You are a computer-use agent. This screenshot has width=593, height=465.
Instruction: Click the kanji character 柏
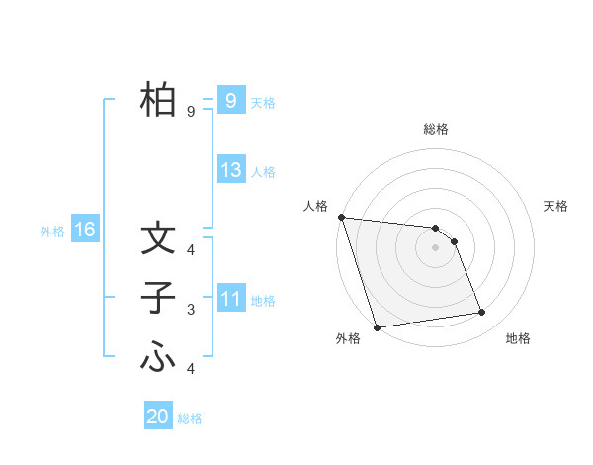(x=158, y=99)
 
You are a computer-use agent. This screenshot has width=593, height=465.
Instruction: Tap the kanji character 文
(x=158, y=238)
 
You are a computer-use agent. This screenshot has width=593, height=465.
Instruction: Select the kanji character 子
(x=158, y=298)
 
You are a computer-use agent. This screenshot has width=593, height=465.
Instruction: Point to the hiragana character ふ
(x=158, y=357)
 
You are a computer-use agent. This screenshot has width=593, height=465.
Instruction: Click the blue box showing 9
(x=230, y=100)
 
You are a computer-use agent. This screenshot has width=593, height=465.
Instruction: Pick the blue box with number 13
(x=230, y=170)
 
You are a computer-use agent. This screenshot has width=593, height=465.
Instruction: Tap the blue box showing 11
(x=230, y=298)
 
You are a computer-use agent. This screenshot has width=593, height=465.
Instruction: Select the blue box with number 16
(x=84, y=231)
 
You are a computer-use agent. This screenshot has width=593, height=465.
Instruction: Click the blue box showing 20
(x=158, y=417)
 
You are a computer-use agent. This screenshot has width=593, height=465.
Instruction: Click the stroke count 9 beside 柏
(x=191, y=112)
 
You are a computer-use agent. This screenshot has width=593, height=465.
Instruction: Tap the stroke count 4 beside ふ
(x=191, y=369)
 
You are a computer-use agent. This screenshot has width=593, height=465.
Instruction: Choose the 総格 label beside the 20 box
(x=190, y=418)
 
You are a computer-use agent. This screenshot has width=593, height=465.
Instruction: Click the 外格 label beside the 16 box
(x=52, y=232)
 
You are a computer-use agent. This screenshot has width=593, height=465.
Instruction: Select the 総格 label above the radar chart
(x=436, y=129)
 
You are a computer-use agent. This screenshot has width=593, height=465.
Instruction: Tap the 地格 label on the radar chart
(x=518, y=338)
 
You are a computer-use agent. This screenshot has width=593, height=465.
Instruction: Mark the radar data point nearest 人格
(x=341, y=217)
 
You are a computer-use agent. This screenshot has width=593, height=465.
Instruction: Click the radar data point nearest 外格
(x=377, y=326)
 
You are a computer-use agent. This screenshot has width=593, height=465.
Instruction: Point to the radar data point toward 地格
(x=482, y=313)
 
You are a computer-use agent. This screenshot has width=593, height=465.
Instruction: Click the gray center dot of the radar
(x=436, y=246)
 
